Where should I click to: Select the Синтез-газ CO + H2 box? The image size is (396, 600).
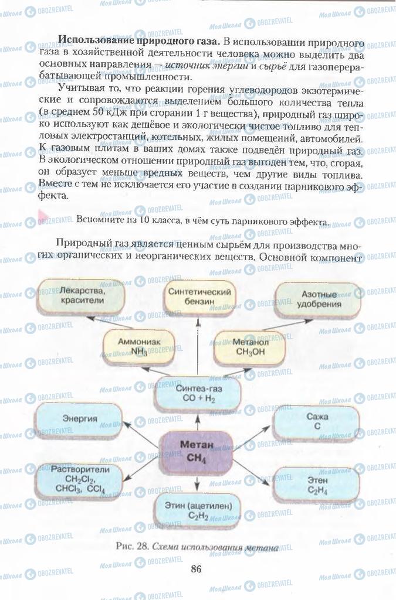point(197,393)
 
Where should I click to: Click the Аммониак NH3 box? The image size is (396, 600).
point(139,347)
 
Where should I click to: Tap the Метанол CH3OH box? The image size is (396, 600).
point(250,347)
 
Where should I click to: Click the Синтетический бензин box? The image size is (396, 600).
point(198,296)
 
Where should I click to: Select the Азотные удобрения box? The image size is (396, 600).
point(319,299)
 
